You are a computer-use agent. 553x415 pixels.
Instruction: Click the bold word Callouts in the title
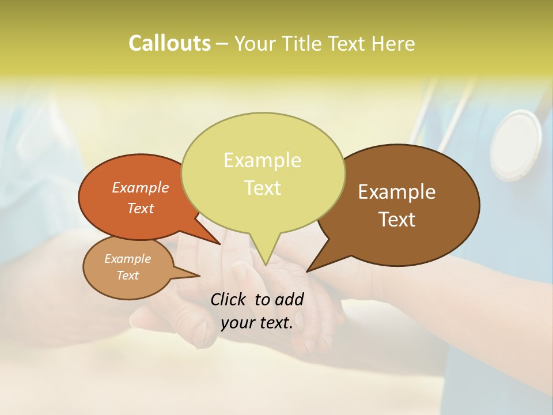(169, 43)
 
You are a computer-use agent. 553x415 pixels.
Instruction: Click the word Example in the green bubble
(262, 160)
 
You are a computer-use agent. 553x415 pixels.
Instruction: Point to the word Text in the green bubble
(262, 188)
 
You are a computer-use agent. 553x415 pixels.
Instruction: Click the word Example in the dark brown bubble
(397, 192)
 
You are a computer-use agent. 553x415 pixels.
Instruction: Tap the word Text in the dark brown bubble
(397, 219)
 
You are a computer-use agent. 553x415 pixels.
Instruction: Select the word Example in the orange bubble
(141, 187)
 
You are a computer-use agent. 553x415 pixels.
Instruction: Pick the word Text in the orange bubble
(141, 208)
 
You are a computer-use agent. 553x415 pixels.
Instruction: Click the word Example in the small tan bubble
(127, 259)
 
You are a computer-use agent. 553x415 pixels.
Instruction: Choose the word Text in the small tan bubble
(127, 276)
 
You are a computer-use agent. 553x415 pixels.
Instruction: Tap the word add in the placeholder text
(290, 299)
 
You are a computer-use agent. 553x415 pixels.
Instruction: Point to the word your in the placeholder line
(237, 323)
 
